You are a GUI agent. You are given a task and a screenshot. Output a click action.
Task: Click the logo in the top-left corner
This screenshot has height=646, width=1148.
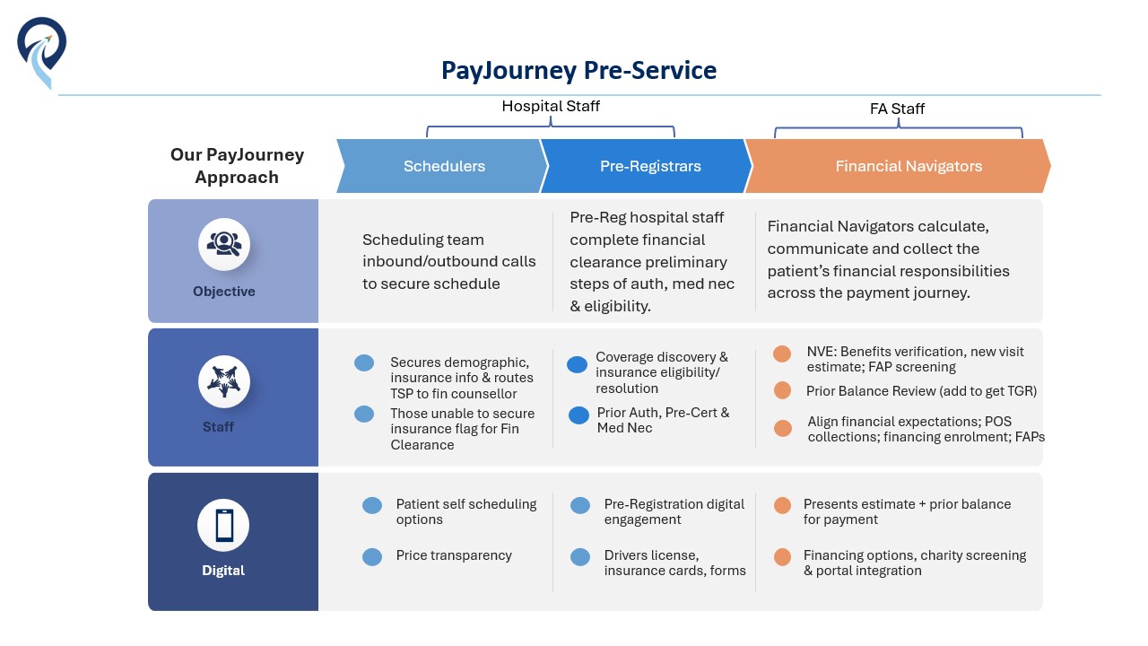click(x=41, y=52)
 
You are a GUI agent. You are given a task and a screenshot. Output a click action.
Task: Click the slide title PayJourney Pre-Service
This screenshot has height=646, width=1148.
click(x=578, y=70)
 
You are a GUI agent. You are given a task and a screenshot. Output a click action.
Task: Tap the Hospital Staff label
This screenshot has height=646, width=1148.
click(x=551, y=106)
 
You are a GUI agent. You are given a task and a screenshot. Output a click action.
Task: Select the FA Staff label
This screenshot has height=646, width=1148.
click(x=897, y=109)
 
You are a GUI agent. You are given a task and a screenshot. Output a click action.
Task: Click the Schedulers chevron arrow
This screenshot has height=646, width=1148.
click(x=443, y=166)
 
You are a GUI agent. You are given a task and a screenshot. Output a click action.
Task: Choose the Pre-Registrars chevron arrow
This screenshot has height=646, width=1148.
click(x=647, y=166)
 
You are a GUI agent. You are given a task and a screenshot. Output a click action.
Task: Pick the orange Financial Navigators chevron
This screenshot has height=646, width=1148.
click(x=898, y=166)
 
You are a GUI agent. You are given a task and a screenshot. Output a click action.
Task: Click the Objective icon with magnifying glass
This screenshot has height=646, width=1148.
click(x=224, y=244)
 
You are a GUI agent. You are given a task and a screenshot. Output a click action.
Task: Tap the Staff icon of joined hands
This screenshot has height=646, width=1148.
click(x=224, y=382)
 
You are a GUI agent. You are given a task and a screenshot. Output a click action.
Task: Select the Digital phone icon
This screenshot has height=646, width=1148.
click(x=223, y=526)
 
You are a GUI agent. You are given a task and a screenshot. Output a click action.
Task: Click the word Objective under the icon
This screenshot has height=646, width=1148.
click(x=224, y=292)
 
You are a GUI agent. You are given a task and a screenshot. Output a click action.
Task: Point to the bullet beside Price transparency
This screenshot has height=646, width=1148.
click(x=372, y=556)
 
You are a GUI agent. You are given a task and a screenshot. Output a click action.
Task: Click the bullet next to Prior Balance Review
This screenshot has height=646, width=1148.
click(x=782, y=390)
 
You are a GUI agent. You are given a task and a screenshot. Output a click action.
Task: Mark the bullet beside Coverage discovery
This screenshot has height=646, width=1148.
click(x=577, y=364)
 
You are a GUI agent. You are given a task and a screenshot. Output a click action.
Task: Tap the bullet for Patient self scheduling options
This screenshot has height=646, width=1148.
click(x=372, y=505)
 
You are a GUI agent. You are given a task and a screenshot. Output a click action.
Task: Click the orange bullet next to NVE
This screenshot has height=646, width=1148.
click(x=782, y=354)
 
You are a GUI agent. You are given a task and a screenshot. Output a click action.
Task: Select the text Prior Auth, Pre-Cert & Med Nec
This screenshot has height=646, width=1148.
click(x=663, y=421)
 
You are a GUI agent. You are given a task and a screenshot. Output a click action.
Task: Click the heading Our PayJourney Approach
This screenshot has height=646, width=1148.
click(x=237, y=166)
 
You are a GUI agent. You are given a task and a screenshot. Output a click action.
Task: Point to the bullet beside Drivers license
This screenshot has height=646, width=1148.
click(x=580, y=557)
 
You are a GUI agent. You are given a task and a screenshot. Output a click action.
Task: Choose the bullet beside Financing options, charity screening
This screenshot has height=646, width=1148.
click(x=783, y=557)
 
